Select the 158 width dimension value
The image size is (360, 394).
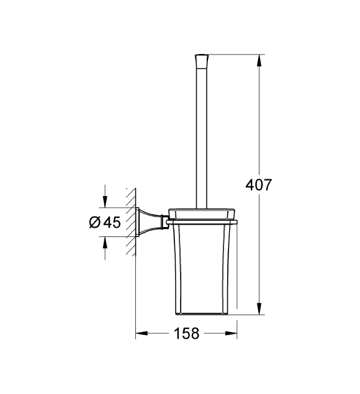[186, 333]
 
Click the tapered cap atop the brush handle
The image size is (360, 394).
[201, 61]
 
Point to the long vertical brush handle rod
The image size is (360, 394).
[201, 137]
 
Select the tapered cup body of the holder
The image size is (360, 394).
[201, 267]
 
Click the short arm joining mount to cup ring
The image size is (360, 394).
[165, 221]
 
